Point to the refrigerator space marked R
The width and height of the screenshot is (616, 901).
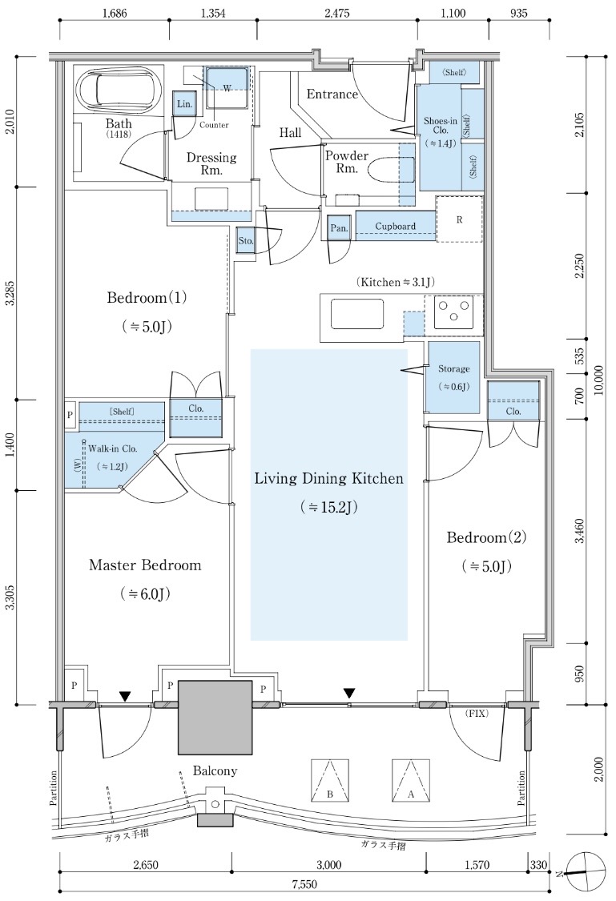coord(459,218)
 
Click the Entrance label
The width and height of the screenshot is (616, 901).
coord(332,95)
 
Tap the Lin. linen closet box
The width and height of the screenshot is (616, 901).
coord(184,105)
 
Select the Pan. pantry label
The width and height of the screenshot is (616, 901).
coord(339,227)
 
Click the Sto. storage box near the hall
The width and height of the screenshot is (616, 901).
coord(246,240)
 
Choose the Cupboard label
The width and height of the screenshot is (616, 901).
coord(396,226)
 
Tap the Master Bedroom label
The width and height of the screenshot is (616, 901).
coord(145,565)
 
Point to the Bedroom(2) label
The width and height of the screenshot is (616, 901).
coord(486,537)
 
